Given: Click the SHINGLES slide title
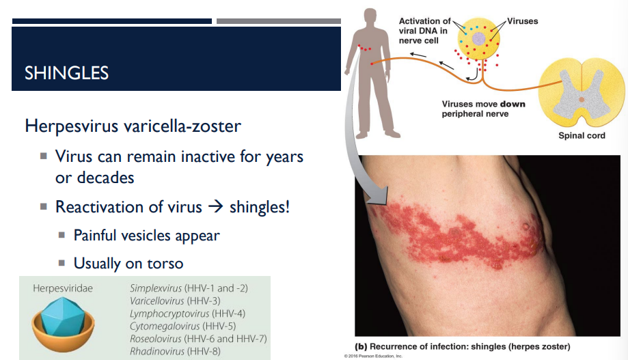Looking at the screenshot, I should point(66,72).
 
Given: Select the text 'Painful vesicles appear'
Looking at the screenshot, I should point(147,235).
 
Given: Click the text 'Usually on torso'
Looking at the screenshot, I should point(128,262).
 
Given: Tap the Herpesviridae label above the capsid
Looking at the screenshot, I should point(62,288).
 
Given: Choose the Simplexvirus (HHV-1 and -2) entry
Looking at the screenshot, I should point(188,288).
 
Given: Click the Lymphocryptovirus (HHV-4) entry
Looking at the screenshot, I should point(187,313).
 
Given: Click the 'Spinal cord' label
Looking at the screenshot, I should point(582,135).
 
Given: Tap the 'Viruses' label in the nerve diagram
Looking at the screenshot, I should point(522,21).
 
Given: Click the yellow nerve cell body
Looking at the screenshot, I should point(482,39).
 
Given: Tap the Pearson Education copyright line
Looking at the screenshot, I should point(373,356).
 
